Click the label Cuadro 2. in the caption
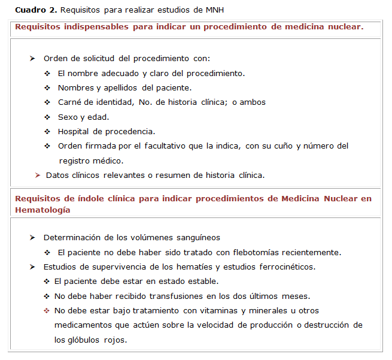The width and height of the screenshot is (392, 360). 36,10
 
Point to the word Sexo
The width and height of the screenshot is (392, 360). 68,117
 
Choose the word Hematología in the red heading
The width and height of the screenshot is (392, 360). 42,210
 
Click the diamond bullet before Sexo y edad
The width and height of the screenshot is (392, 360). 47,117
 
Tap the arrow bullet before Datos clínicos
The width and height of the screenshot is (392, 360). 38,176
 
